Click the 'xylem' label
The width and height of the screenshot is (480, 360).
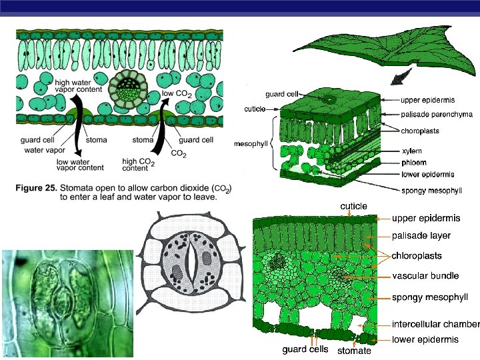tap(412, 152)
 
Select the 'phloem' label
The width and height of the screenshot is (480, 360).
tap(414, 163)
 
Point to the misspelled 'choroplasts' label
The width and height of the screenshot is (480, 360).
tap(420, 131)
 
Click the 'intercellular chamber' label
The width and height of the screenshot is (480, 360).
tap(435, 325)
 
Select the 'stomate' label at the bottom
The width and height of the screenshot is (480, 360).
tap(355, 351)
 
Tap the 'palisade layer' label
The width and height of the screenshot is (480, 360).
tap(421, 235)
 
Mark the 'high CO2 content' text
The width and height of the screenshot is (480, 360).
tap(140, 164)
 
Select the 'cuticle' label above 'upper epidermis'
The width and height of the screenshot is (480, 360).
tap(354, 207)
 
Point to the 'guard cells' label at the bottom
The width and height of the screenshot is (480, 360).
tap(305, 349)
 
